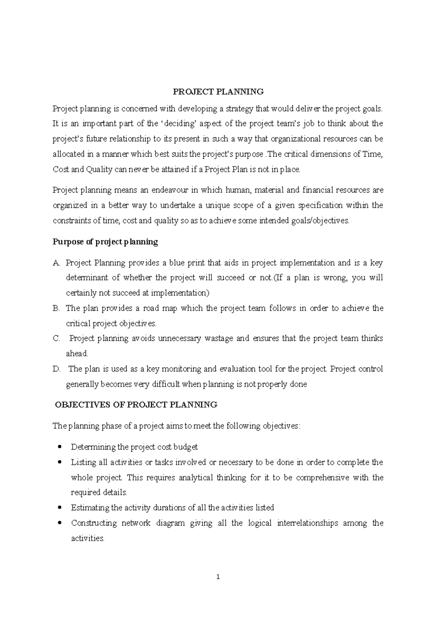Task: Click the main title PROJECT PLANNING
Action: click(218, 92)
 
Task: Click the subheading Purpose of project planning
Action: click(105, 242)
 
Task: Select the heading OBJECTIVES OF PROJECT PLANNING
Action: click(136, 405)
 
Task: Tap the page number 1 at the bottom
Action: click(218, 577)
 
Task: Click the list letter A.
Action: click(56, 263)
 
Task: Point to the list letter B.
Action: click(56, 308)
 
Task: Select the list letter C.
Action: click(56, 339)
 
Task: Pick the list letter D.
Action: click(56, 369)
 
